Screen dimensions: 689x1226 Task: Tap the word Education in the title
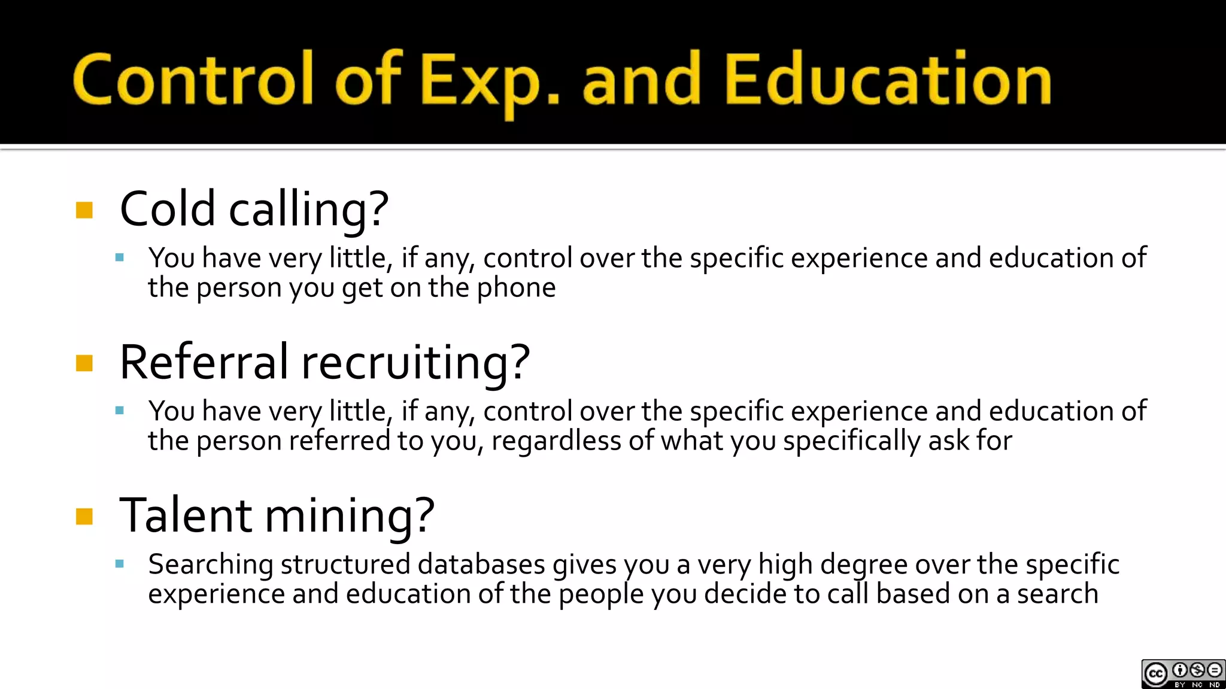coord(887,80)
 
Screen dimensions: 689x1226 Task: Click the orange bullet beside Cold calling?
coord(84,210)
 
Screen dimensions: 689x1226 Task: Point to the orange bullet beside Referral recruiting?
coord(84,363)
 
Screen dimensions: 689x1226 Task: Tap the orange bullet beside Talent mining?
coord(84,516)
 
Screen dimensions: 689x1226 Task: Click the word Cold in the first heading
coord(167,209)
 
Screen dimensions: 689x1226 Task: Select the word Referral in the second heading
coord(204,362)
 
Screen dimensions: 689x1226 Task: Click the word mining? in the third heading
coord(350,515)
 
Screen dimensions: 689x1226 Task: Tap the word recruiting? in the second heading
coord(415,363)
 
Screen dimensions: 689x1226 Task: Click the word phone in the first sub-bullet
coord(516,288)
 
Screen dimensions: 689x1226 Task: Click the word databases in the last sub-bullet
coord(481,564)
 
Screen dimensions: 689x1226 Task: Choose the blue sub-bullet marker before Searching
coord(120,563)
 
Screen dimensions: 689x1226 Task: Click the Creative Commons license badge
coord(1182,673)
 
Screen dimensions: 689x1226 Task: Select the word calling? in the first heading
coord(309,210)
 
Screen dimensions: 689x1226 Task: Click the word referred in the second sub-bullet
coord(339,441)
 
